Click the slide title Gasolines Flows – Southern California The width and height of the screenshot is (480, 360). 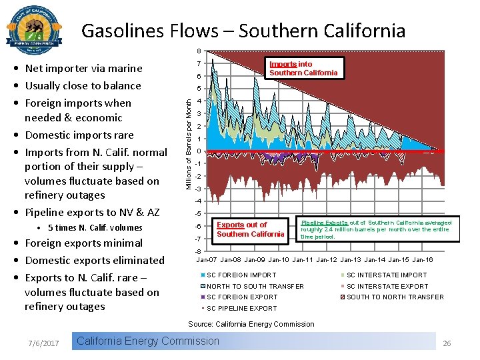[x=243, y=31]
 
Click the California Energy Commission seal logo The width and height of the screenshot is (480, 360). [x=34, y=29]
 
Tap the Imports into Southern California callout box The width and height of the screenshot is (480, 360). [x=303, y=69]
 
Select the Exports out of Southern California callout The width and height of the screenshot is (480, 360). [x=250, y=229]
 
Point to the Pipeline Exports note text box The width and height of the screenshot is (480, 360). [x=376, y=229]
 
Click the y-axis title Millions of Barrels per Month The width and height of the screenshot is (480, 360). [x=189, y=143]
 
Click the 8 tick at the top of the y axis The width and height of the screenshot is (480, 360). [x=198, y=52]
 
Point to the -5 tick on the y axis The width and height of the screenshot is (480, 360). [x=198, y=214]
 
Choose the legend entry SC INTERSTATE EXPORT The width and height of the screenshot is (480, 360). [x=387, y=286]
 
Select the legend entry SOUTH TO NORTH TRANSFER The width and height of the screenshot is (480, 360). [x=394, y=297]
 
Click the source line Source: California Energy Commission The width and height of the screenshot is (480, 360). [x=251, y=324]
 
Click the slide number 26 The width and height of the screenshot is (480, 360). [x=447, y=343]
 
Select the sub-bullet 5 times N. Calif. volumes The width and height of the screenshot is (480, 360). [x=95, y=227]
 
